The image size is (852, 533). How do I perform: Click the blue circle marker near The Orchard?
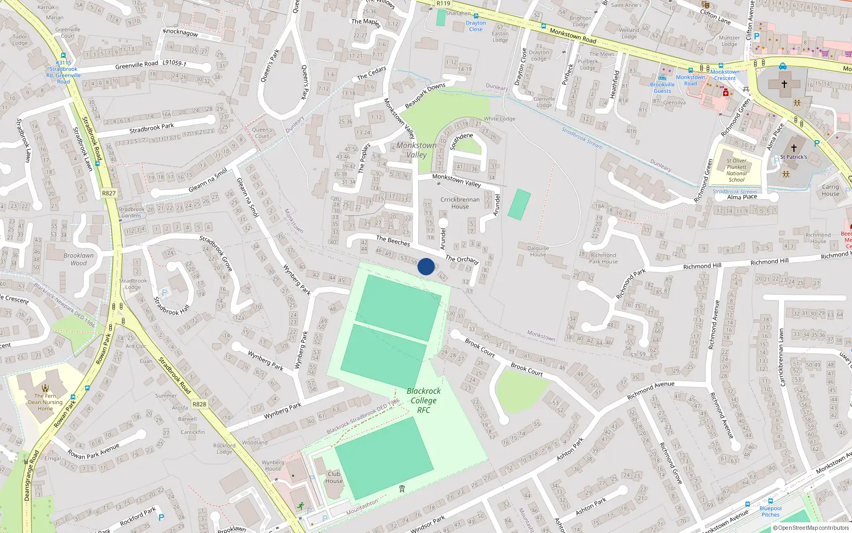(x=426, y=266)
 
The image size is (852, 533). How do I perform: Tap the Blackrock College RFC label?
(x=423, y=400)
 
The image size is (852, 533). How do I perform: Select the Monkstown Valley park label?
(x=416, y=150)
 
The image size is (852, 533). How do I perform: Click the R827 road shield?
(x=109, y=193)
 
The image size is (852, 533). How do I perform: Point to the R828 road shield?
(x=199, y=404)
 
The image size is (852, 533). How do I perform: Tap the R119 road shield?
(x=443, y=4)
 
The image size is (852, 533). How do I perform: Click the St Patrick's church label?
(x=793, y=157)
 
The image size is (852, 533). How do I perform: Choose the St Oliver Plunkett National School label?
(x=736, y=170)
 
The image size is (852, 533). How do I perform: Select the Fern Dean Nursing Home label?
(x=45, y=402)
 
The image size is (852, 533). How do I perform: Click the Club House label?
(x=334, y=477)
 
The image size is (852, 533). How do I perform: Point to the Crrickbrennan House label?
(x=460, y=203)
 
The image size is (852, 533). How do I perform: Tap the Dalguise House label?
(x=538, y=251)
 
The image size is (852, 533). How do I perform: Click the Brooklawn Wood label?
(x=78, y=259)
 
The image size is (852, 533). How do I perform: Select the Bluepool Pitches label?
(x=771, y=511)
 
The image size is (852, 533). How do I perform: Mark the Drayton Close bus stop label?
(x=476, y=26)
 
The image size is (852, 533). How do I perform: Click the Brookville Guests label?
(x=662, y=87)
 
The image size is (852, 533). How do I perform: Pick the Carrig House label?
(x=830, y=190)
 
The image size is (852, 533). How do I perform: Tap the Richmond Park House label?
(x=603, y=259)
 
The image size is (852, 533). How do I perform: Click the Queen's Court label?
(x=262, y=133)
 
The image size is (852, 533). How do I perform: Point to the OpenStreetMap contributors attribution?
(x=811, y=528)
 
